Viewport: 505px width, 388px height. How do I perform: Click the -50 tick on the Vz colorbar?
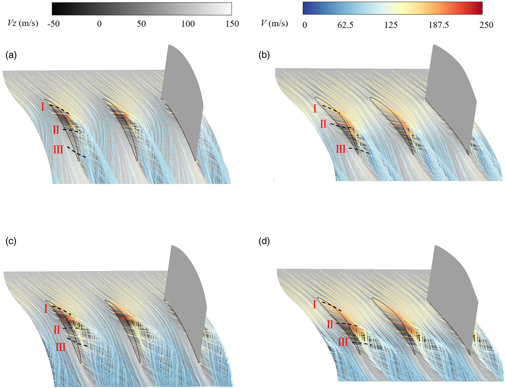coord(54,24)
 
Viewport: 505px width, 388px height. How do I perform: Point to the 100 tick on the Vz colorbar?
coord(188,24)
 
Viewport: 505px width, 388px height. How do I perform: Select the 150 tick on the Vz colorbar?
coord(232,24)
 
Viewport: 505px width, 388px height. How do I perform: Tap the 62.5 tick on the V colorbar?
coord(345,25)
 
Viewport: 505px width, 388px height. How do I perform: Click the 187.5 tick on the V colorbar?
coord(439,25)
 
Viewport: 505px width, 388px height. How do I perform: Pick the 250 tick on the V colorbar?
coord(486,25)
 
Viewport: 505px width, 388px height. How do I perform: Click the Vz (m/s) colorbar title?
coord(23,23)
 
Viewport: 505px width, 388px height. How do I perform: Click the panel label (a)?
coord(11,55)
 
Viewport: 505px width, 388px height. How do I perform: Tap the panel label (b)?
coord(264,55)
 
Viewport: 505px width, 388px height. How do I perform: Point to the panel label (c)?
coord(11,241)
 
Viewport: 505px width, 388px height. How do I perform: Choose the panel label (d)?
coord(264,241)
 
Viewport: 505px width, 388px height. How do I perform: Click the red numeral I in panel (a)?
coord(43,107)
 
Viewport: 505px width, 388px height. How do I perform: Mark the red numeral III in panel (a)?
coord(58,150)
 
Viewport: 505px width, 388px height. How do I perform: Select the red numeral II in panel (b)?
coord(323,124)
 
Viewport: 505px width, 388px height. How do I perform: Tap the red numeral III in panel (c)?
coord(60,347)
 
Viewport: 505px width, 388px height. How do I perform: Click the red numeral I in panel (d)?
coord(314,304)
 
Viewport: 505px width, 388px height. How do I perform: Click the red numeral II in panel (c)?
coord(56,330)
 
